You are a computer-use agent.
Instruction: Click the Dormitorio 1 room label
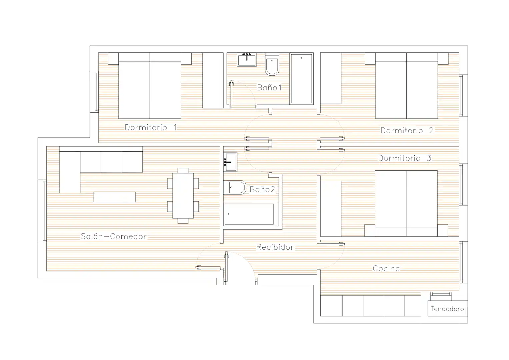point(151,127)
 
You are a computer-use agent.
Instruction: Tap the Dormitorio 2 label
point(407,130)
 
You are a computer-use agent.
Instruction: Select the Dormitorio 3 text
point(405,158)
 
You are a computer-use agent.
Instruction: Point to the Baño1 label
point(269,87)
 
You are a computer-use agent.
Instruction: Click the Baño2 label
point(262,189)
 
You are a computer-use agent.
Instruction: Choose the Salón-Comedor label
point(114,236)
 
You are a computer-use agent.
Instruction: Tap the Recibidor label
point(275,247)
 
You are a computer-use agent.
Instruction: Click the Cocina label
point(386,269)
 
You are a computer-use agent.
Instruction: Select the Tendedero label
point(447,309)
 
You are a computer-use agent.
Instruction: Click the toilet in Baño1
point(272,64)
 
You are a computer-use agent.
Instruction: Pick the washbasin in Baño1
point(247,60)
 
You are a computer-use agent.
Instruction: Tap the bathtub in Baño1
point(302,79)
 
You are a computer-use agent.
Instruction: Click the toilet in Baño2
point(235,187)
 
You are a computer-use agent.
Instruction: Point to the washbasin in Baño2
point(230,162)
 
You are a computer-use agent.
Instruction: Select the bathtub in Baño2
point(251,214)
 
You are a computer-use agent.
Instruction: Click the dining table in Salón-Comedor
point(183,196)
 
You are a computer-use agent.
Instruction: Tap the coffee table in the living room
point(115,197)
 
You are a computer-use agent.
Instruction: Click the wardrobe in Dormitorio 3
point(331,209)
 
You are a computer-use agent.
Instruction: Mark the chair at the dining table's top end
point(183,170)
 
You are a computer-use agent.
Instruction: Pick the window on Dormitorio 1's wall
point(96,92)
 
